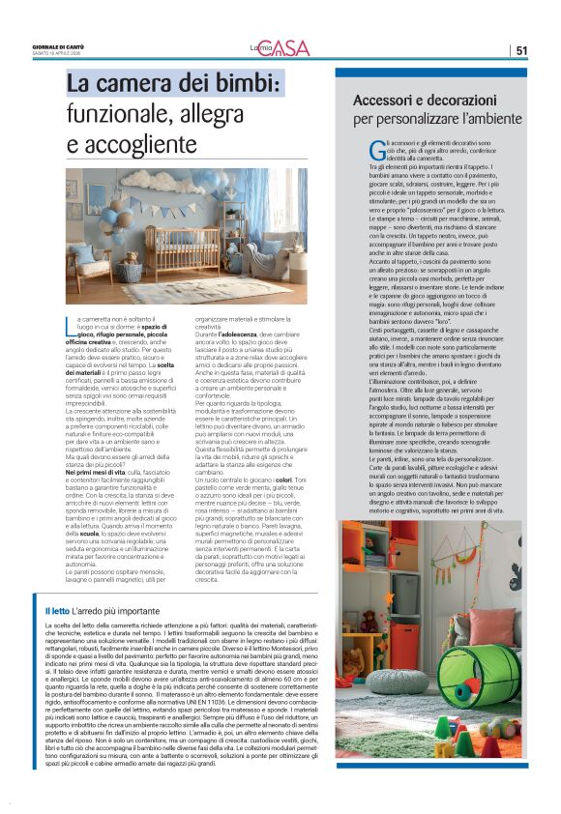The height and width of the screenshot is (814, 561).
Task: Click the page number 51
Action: click(x=521, y=50)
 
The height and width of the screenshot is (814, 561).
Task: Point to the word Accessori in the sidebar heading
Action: click(x=385, y=101)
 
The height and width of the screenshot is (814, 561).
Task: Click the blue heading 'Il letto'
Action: click(x=57, y=611)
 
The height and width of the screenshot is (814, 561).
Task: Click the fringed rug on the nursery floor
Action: click(x=198, y=289)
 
